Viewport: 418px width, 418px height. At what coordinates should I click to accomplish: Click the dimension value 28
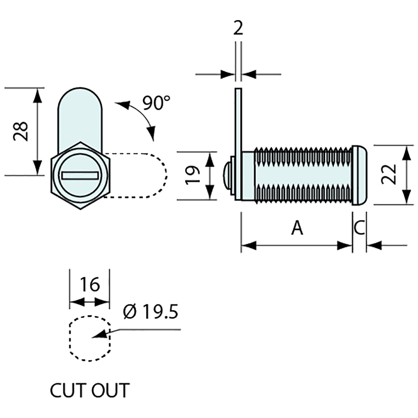coord(21,131)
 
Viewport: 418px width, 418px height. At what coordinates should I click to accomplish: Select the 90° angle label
coord(156,103)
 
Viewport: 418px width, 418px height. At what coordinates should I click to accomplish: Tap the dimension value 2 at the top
coord(238,28)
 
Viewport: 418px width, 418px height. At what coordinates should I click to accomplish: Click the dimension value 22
coord(389,174)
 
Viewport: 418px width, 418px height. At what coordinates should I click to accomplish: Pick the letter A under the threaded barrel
coord(298,228)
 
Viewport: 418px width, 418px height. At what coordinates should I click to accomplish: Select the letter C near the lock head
coord(359,228)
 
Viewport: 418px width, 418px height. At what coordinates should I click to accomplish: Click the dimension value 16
coord(90,284)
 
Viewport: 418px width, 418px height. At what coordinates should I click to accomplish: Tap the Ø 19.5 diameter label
coord(151,312)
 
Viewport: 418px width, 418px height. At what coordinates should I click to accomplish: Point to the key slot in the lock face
coord(80,175)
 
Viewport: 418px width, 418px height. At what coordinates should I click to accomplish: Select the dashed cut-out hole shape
coord(90,338)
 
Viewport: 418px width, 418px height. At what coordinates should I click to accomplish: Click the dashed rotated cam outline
coord(152,175)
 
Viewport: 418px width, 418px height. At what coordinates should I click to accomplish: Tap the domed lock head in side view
coord(359,175)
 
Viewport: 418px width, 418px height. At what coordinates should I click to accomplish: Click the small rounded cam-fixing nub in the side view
coord(226,175)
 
